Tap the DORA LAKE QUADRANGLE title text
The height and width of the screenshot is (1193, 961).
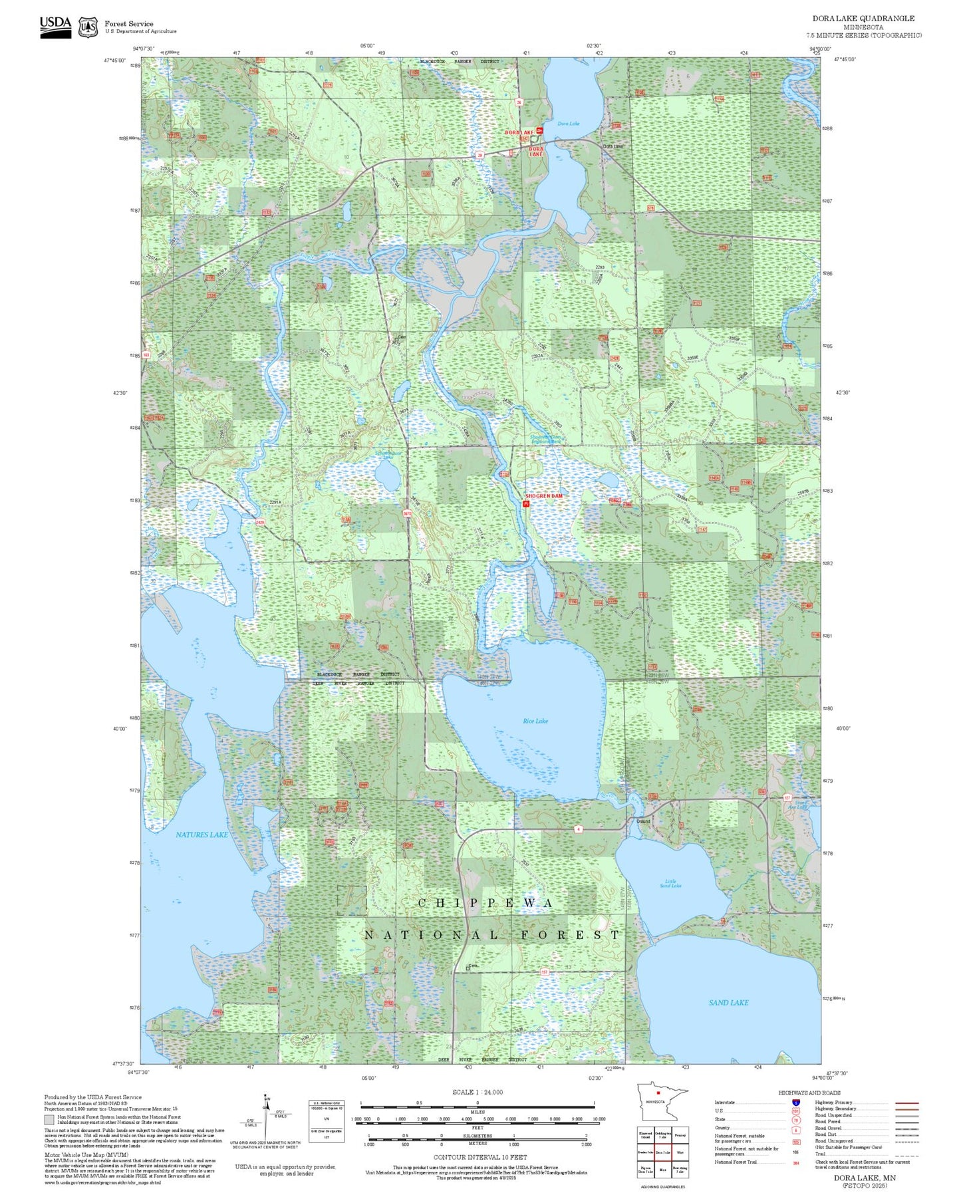(x=863, y=19)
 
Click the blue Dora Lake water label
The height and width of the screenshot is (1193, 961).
(x=568, y=124)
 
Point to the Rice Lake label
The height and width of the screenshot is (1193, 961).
(x=535, y=721)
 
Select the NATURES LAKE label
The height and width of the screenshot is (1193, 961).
(x=202, y=835)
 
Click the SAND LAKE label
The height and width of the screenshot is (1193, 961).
(x=728, y=1003)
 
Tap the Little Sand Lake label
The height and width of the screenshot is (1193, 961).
(x=670, y=883)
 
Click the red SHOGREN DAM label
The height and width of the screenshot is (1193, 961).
(x=544, y=496)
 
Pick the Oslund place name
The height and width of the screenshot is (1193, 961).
(x=643, y=821)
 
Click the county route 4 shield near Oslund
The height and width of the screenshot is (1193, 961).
(x=579, y=829)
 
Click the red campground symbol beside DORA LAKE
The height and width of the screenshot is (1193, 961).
(x=540, y=131)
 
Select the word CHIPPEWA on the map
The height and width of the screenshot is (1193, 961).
(x=485, y=903)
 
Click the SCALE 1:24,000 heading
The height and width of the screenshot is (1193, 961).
(x=478, y=1092)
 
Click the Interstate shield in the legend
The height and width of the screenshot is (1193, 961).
(x=796, y=1103)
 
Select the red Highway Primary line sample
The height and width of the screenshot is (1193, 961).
(x=907, y=1103)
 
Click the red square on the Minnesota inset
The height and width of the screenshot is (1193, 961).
(x=658, y=1111)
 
